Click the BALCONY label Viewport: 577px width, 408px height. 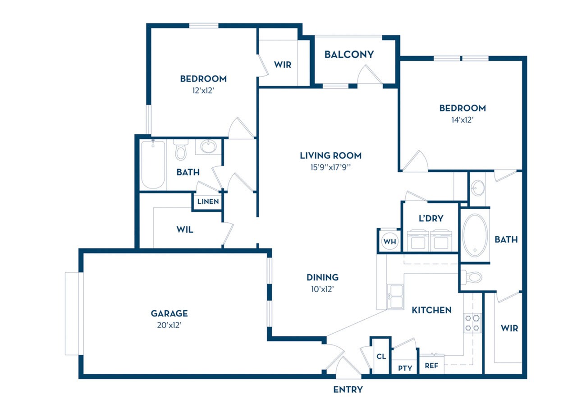(x=349, y=55)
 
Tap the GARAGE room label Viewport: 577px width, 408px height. (x=169, y=313)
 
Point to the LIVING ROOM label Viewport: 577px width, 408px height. (x=330, y=156)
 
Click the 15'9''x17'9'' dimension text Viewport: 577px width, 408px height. (x=330, y=167)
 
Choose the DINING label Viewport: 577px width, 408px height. (x=322, y=277)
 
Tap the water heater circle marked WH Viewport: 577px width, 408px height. (x=389, y=241)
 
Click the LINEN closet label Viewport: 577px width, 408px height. (x=208, y=202)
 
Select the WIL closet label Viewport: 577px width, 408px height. (x=185, y=229)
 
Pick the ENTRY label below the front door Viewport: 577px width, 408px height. (x=348, y=390)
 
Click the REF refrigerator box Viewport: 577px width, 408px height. (x=431, y=366)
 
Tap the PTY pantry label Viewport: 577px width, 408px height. (x=405, y=368)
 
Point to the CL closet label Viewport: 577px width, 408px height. (x=381, y=356)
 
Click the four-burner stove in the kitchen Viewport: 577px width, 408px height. (x=472, y=323)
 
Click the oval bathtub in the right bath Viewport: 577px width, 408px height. (x=475, y=235)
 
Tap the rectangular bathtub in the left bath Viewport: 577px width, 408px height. (x=152, y=165)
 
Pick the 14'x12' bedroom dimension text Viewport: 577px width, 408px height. (x=463, y=120)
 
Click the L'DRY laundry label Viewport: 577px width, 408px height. (x=431, y=219)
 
